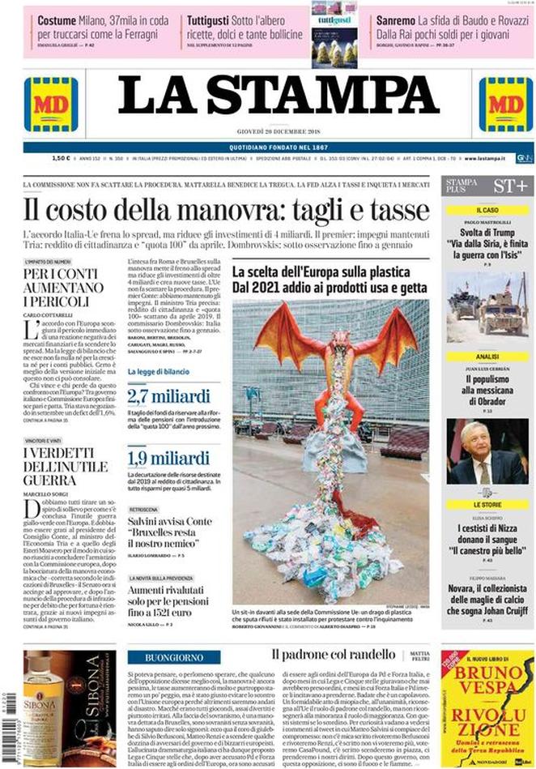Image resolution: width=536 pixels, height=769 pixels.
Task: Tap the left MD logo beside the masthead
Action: pyautogui.click(x=51, y=105)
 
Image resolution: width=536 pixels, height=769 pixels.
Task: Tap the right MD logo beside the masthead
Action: pyautogui.click(x=506, y=105)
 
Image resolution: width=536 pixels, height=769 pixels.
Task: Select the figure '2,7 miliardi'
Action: pyautogui.click(x=168, y=396)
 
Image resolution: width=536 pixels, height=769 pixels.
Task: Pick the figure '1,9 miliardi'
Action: pyautogui.click(x=168, y=458)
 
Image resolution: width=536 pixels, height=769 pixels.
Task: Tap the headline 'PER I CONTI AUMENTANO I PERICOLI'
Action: pyautogui.click(x=64, y=288)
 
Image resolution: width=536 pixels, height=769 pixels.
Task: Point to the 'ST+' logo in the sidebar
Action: pyautogui.click(x=511, y=186)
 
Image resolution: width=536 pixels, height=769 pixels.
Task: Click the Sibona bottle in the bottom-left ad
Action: pyautogui.click(x=36, y=696)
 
